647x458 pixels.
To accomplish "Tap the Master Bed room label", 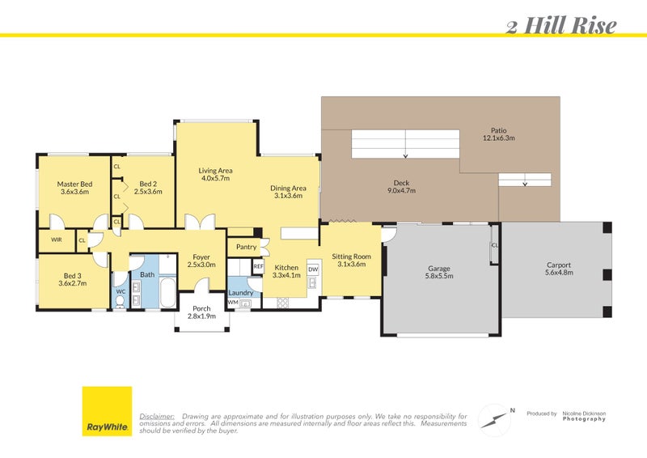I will (74, 184).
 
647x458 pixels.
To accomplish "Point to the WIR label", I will (56, 240).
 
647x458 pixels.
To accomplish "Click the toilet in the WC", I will (121, 300).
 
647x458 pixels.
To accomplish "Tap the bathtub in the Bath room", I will (167, 293).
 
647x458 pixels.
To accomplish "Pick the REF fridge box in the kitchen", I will (258, 266).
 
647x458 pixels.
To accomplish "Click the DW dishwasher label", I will (312, 269).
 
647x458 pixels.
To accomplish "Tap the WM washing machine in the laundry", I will (232, 303).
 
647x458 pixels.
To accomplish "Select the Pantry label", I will (247, 248).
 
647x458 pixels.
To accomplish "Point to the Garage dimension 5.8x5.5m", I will (439, 277).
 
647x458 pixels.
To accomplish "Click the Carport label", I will (558, 265).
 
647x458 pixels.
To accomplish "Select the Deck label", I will (402, 183).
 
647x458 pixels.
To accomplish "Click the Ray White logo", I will (107, 412).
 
